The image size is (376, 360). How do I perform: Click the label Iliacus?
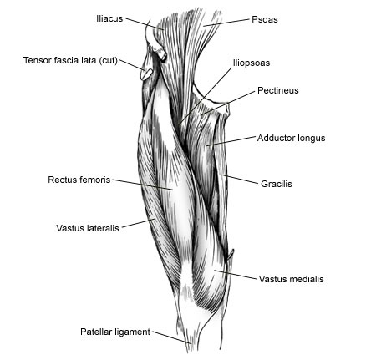(109, 18)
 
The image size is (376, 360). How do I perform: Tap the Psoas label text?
(265, 19)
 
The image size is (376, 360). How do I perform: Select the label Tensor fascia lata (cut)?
(70, 60)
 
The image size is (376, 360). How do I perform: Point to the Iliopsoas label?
(252, 63)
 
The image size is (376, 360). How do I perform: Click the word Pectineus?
(278, 90)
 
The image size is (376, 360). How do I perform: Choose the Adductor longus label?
(291, 138)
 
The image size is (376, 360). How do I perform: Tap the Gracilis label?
(277, 184)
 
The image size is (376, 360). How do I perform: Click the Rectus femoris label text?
(79, 180)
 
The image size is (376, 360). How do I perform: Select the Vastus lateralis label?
(88, 228)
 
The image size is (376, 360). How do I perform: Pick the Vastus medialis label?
(292, 279)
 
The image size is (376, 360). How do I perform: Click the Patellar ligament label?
(115, 332)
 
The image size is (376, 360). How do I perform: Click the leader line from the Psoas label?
(226, 23)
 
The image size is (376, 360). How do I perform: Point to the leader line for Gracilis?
(240, 180)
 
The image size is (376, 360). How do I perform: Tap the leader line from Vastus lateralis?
(139, 223)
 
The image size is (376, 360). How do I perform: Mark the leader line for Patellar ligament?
(172, 337)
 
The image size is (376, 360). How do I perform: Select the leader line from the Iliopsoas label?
(205, 95)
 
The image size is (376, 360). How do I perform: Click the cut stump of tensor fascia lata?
(146, 74)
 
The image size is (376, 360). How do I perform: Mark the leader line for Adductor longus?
(231, 141)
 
